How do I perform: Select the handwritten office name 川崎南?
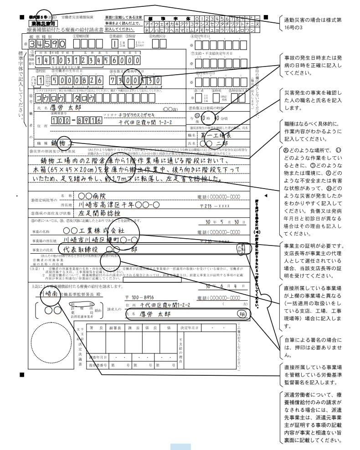click(49, 294)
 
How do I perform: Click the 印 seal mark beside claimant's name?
click(241, 314)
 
